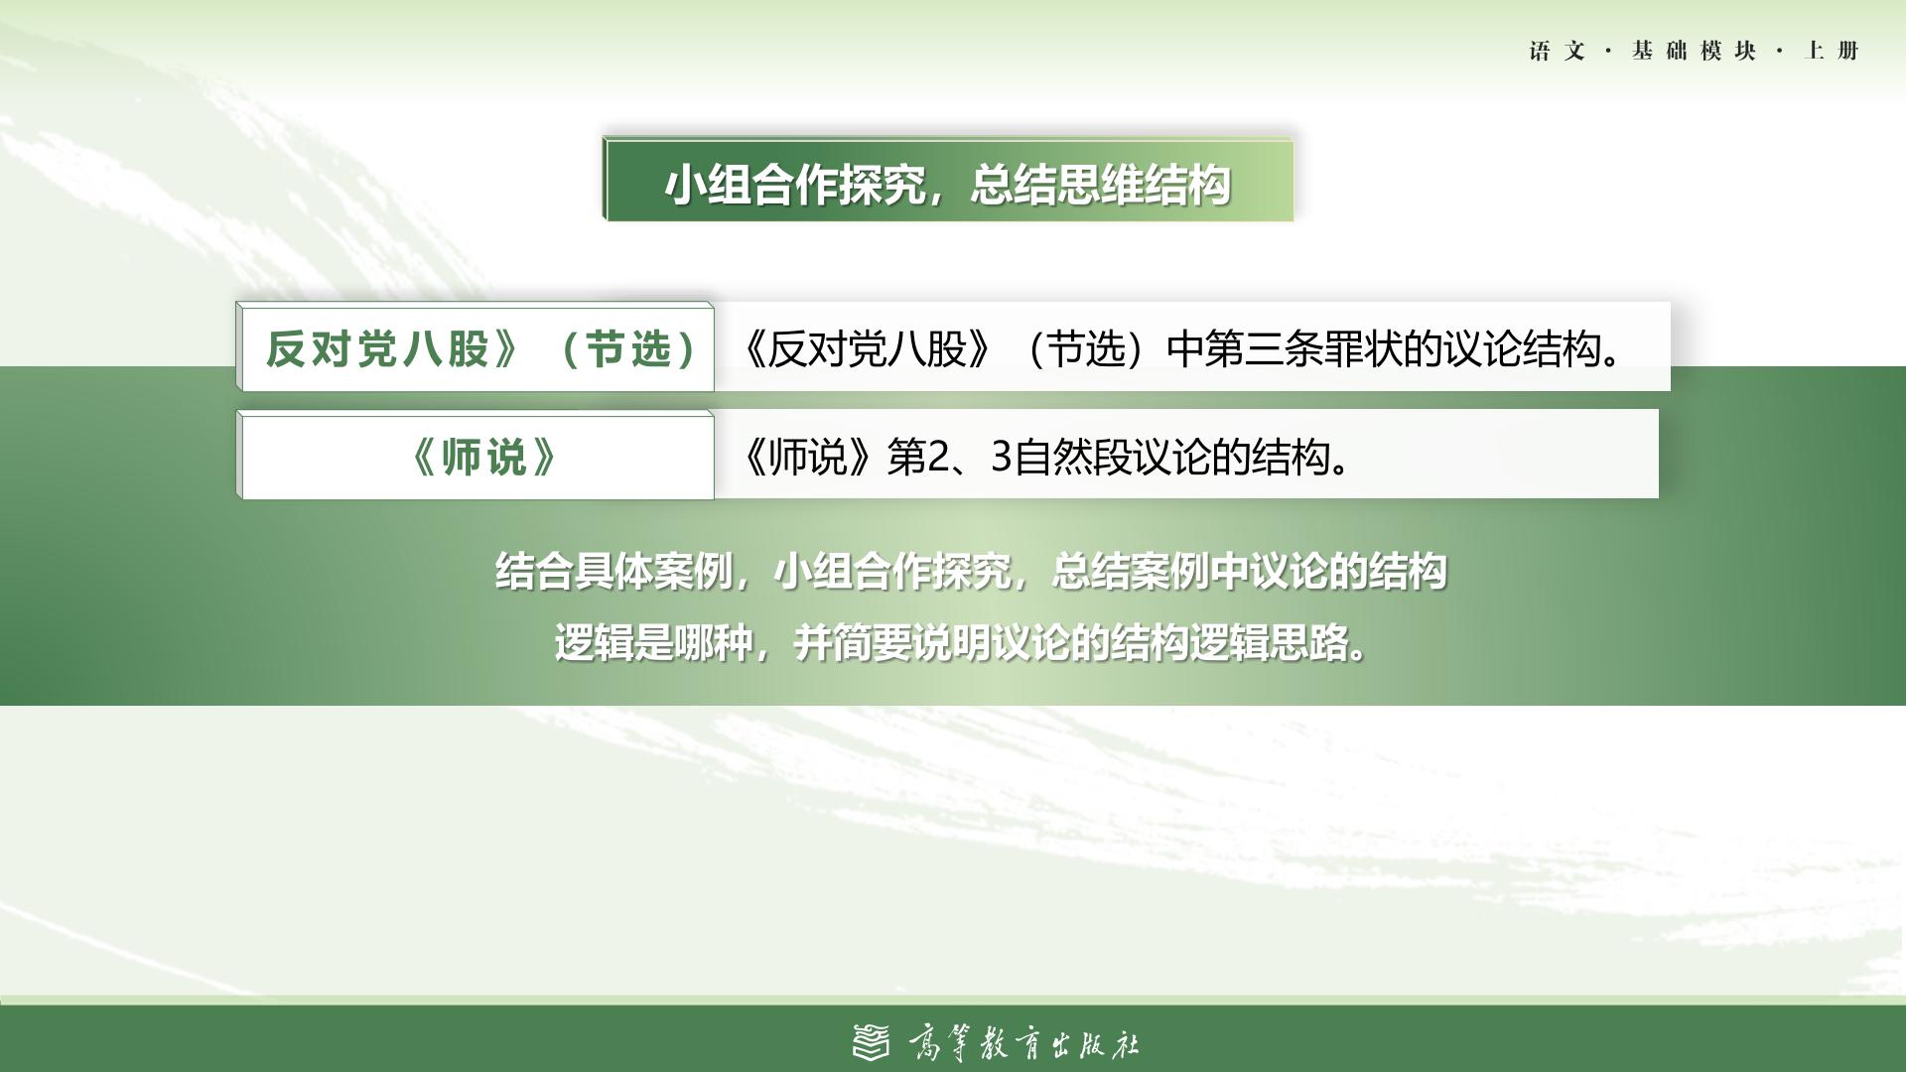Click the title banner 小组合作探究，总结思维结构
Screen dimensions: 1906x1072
(x=948, y=180)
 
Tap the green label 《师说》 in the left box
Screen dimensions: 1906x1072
(x=483, y=457)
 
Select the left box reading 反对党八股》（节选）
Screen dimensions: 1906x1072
(x=476, y=347)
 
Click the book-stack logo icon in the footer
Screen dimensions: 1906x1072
(x=872, y=1042)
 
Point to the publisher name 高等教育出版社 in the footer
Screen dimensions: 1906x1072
(x=1023, y=1043)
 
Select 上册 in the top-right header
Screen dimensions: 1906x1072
(x=1832, y=51)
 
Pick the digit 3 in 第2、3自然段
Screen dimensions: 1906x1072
(x=1001, y=458)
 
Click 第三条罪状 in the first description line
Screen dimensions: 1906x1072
(x=1301, y=348)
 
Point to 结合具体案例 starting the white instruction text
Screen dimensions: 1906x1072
(x=613, y=572)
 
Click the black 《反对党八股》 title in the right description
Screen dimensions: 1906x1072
(x=865, y=348)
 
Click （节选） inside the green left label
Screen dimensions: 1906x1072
(x=629, y=348)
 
